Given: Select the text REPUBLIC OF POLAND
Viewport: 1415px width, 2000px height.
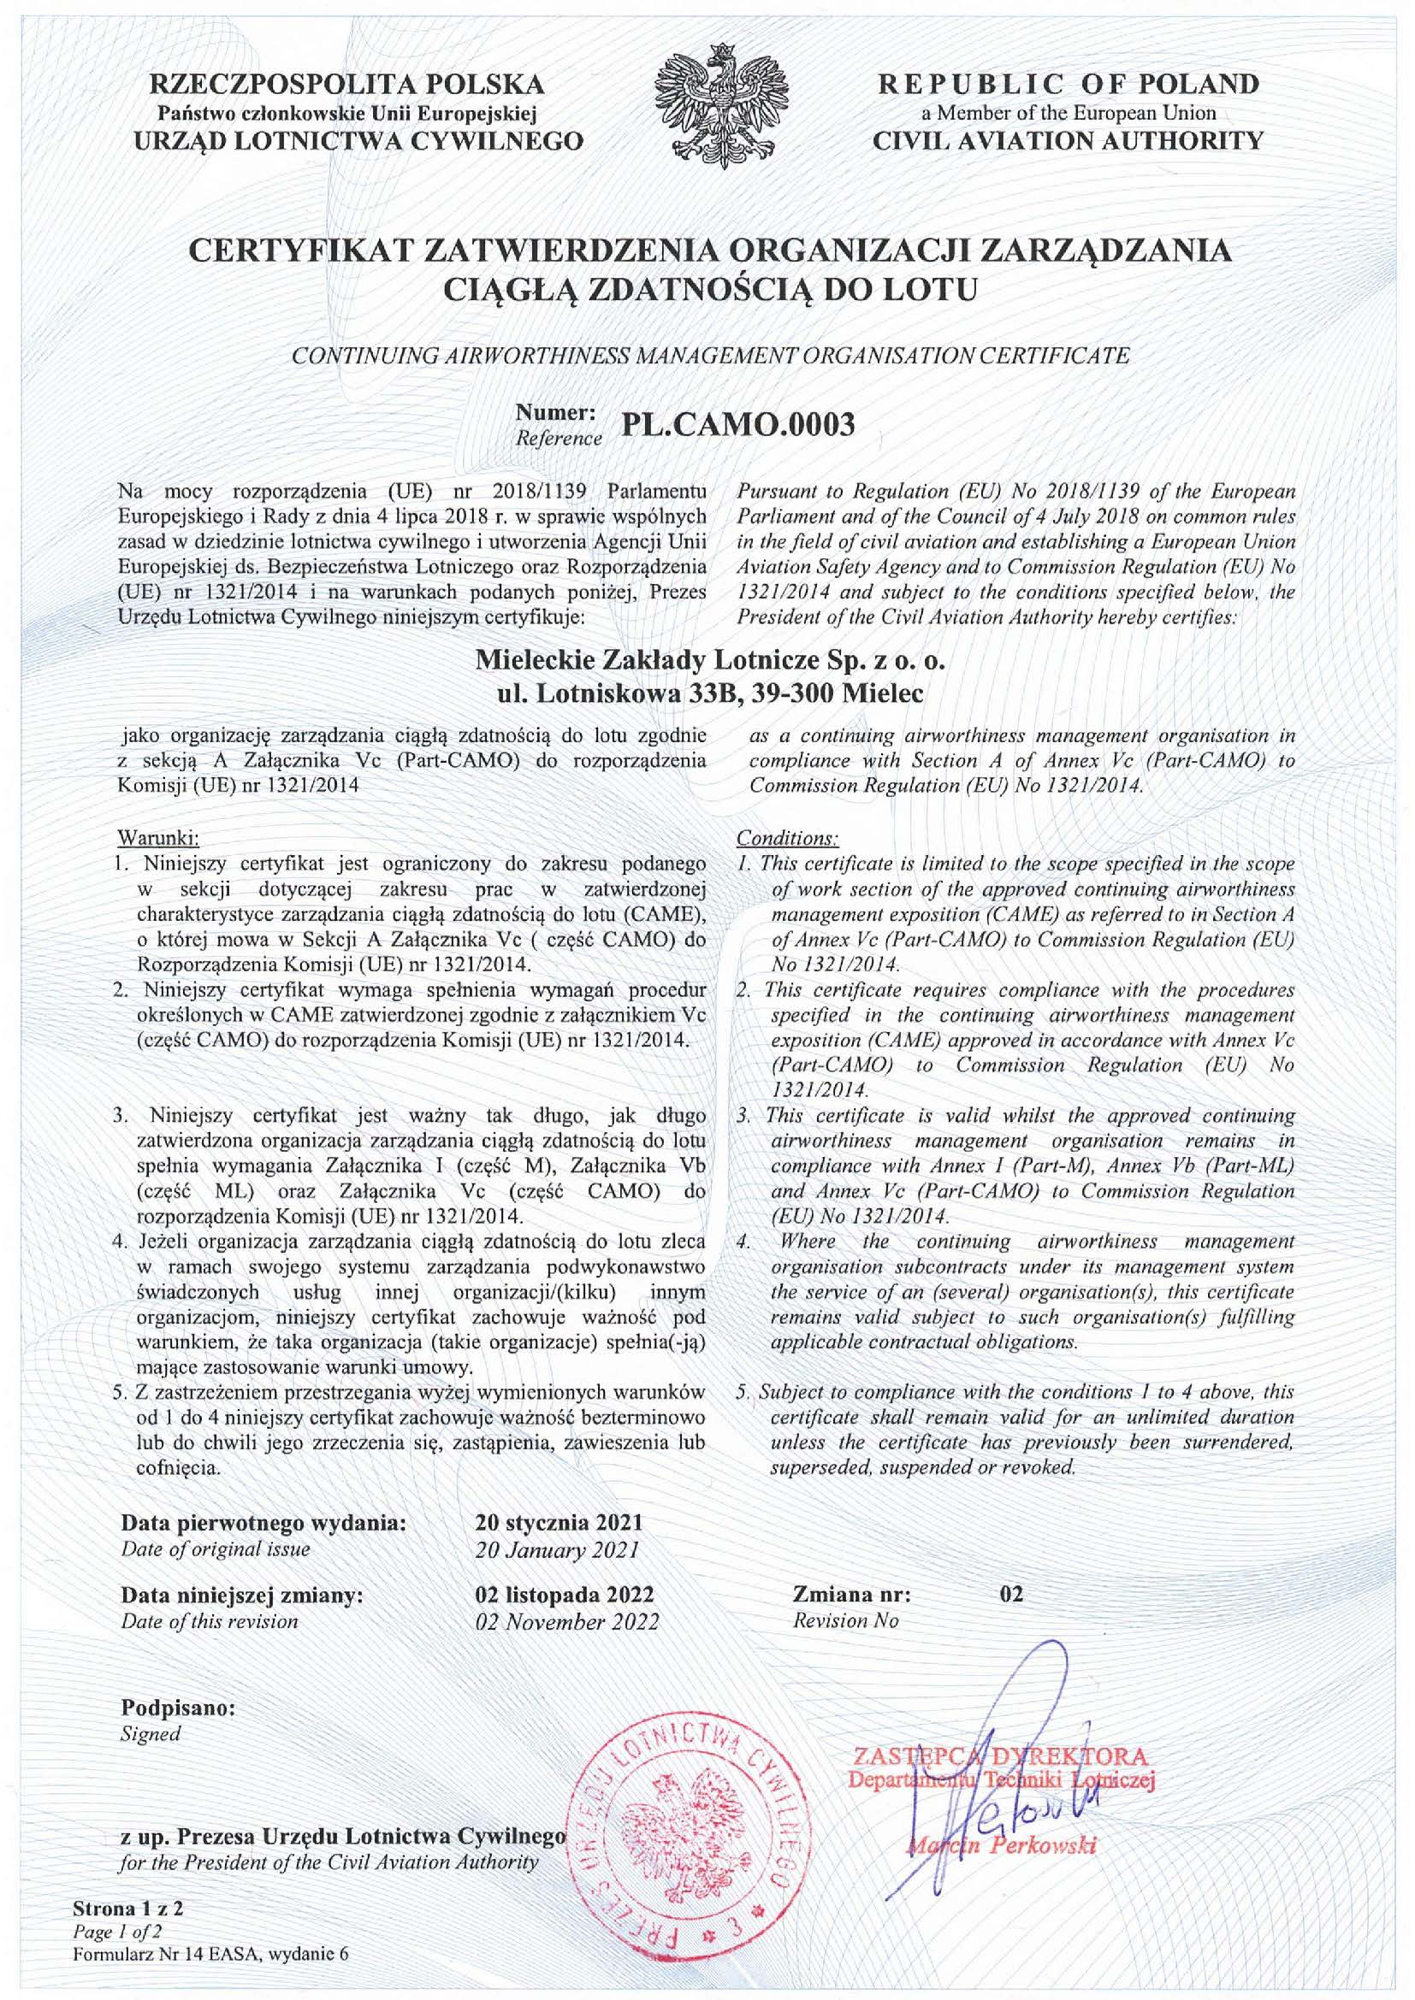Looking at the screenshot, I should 1069,85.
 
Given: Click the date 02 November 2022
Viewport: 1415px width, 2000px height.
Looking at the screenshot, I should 568,1622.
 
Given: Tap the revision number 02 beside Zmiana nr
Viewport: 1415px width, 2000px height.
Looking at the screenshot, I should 1012,1595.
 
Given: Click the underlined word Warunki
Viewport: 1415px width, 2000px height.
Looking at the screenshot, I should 157,839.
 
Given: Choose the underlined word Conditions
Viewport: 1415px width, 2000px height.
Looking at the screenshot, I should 788,839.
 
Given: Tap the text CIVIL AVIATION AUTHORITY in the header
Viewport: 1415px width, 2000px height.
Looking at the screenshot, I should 1069,139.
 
